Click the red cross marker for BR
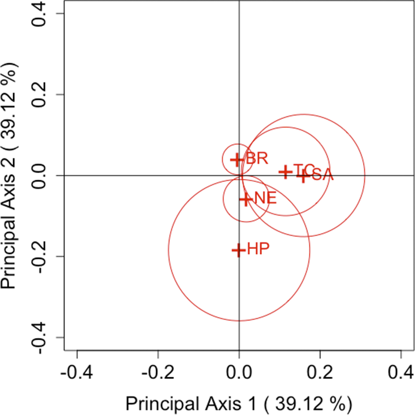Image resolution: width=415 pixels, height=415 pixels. tap(238, 159)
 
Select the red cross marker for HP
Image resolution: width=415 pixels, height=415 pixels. tap(238, 250)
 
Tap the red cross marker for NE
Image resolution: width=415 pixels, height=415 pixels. tap(246, 199)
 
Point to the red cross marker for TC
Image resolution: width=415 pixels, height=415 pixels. tap(285, 171)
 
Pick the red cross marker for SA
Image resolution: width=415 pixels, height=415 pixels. tap(303, 175)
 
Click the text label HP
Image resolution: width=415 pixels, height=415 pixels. tap(259, 250)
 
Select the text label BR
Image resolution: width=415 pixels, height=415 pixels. tap(257, 159)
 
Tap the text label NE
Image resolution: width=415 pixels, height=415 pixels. tap(265, 199)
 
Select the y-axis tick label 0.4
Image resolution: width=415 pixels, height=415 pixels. tap(45, 14)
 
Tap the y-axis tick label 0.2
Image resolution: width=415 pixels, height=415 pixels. tap(45, 94)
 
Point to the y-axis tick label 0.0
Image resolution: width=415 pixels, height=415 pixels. tap(45, 176)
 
